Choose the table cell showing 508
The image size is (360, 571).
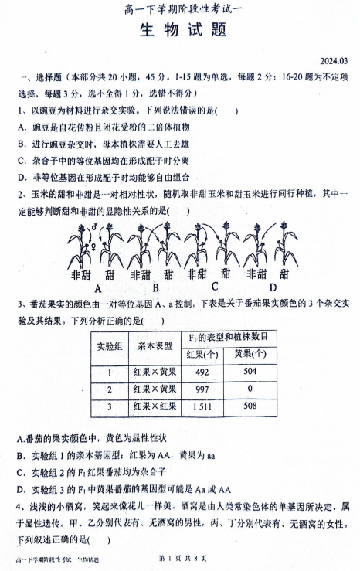pyautogui.click(x=250, y=406)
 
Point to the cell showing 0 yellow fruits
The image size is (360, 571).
pyautogui.click(x=250, y=388)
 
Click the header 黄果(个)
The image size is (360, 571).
pyautogui.click(x=250, y=353)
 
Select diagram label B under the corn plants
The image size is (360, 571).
pyautogui.click(x=156, y=287)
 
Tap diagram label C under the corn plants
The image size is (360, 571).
pyautogui.click(x=216, y=286)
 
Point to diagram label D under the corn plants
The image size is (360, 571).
pyautogui.click(x=272, y=287)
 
